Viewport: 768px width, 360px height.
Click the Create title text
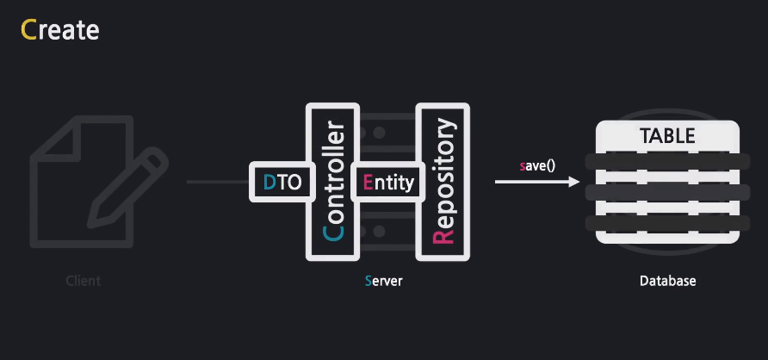[x=59, y=30]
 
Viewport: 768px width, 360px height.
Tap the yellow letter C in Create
[x=28, y=30]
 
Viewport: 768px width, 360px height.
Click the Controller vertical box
[x=331, y=182]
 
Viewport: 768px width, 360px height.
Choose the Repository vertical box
[x=443, y=182]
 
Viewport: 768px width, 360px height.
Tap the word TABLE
[x=667, y=137]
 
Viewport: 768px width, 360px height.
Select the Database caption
[x=667, y=282]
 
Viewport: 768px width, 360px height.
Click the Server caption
[x=383, y=282]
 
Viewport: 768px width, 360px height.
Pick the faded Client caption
[x=84, y=282]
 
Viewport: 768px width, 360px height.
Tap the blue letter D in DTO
[x=269, y=183]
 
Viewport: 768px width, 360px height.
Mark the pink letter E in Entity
[x=369, y=183]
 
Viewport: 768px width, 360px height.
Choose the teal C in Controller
[x=332, y=231]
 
